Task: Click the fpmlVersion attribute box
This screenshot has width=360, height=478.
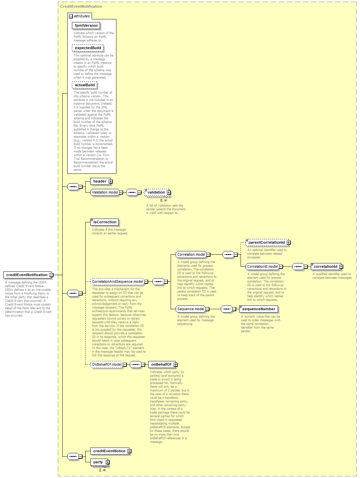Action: tap(86, 25)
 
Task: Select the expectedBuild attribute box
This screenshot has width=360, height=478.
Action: tap(88, 48)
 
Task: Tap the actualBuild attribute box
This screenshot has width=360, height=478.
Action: tap(85, 85)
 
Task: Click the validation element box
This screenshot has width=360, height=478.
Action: tap(157, 192)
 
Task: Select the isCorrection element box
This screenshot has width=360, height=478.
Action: tap(105, 222)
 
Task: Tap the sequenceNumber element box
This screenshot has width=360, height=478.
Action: tap(258, 309)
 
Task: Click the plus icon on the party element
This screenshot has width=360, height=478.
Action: tap(108, 462)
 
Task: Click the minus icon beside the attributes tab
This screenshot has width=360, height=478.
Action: tap(71, 16)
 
